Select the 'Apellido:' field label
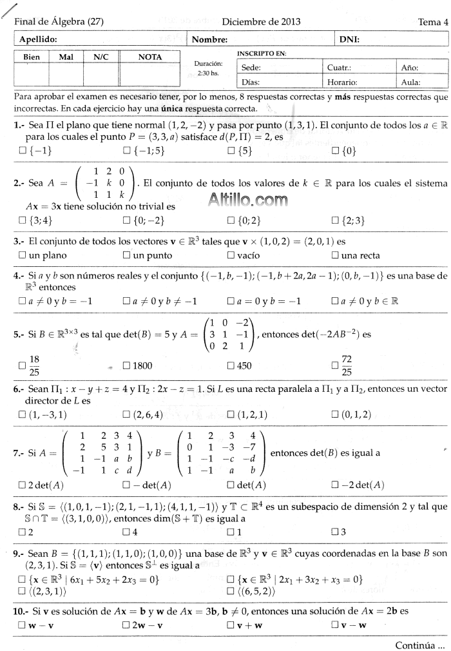(x=39, y=39)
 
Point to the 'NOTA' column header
(x=150, y=57)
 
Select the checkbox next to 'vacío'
(x=231, y=255)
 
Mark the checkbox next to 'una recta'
(x=335, y=255)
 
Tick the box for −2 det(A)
(x=335, y=485)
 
